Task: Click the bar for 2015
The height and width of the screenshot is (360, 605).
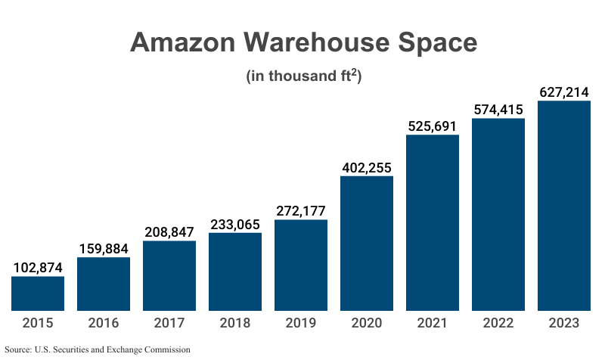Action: (38, 293)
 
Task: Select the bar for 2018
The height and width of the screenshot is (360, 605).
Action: (235, 272)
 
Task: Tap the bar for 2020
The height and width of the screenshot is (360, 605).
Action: (367, 244)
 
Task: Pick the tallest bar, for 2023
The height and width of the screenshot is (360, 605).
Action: (564, 206)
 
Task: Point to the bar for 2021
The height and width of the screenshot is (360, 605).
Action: (433, 223)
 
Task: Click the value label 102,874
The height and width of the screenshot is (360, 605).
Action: (38, 267)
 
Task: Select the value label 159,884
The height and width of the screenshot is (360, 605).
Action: (104, 248)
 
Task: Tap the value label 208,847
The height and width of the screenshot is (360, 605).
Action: (169, 231)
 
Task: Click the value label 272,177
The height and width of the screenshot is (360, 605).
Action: (301, 210)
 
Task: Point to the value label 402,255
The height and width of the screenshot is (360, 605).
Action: (367, 167)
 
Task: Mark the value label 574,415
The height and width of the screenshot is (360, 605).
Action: (498, 110)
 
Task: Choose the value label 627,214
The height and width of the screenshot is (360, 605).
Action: (564, 92)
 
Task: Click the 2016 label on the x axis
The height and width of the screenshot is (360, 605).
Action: (104, 323)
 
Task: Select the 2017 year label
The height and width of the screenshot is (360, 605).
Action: (169, 323)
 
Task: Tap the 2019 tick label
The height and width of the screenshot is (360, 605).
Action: (301, 323)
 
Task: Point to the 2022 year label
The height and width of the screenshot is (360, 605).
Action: (498, 323)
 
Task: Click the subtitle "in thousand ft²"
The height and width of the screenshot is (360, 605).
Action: (302, 76)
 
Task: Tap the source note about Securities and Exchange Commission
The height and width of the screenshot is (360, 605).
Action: (97, 349)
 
